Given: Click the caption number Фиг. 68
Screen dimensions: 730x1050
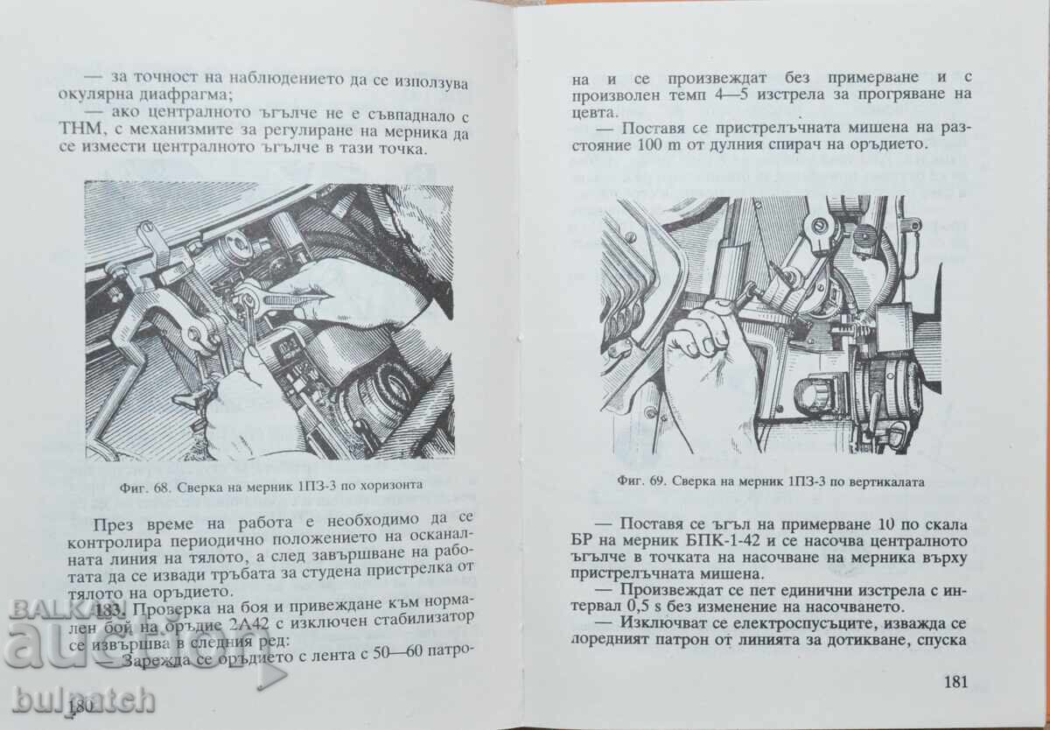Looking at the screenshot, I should [145, 483].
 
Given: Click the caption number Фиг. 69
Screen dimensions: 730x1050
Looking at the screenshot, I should [642, 480].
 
